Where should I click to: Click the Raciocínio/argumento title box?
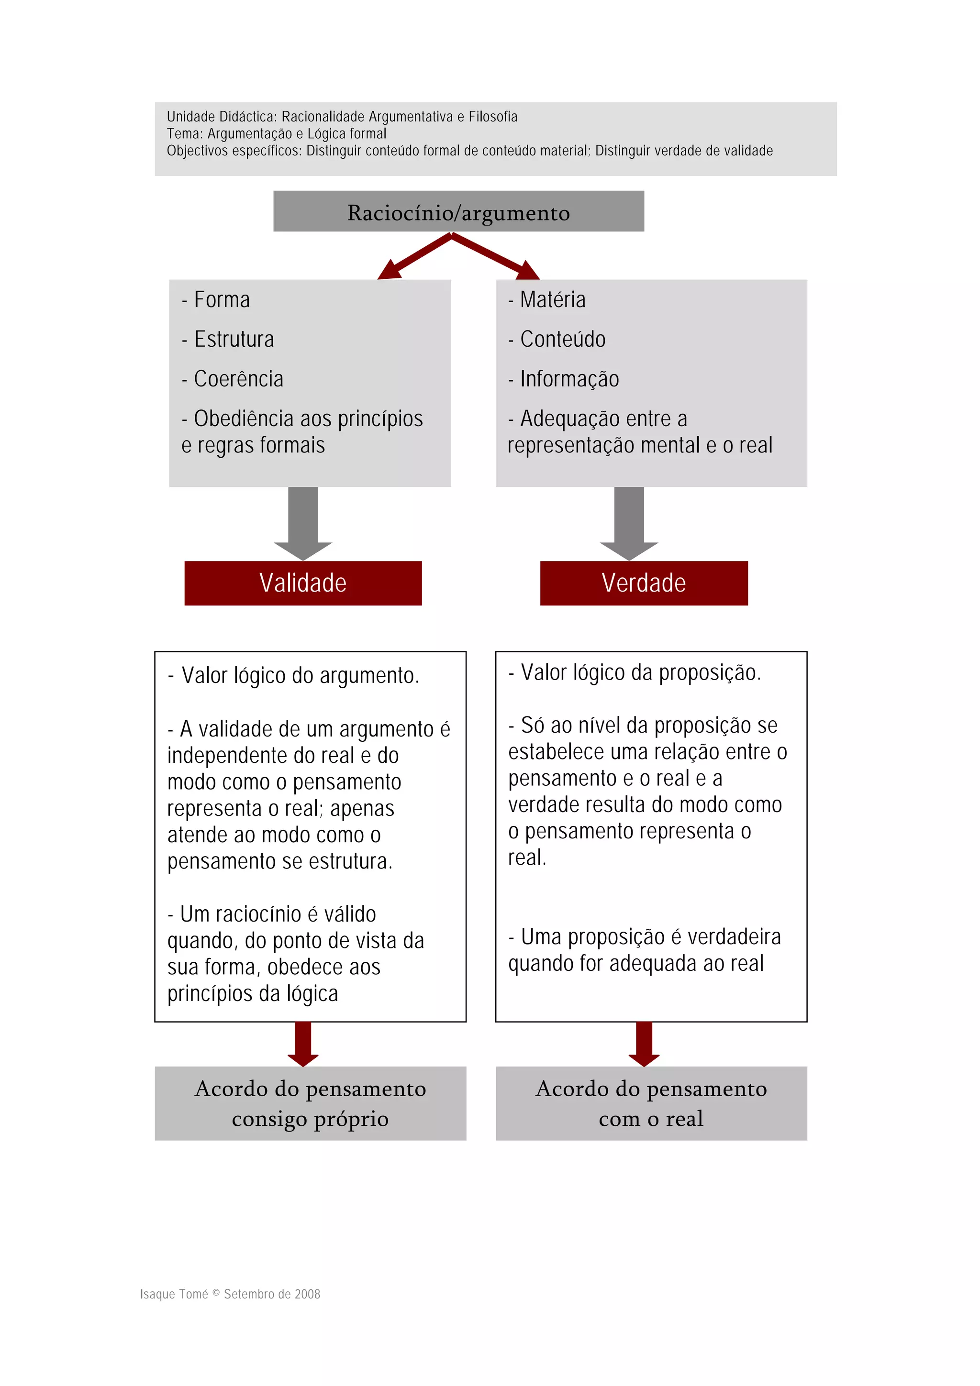[458, 211]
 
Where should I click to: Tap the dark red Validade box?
[302, 583]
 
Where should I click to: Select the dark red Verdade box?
[643, 583]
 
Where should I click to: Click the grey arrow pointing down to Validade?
[302, 523]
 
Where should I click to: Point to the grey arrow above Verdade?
[629, 523]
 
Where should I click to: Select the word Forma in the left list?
[222, 299]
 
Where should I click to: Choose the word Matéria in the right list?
[553, 299]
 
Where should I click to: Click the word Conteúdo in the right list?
[563, 339]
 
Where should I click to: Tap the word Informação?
[569, 379]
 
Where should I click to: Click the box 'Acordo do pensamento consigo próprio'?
[311, 1103]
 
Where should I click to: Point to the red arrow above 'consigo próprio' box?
[302, 1044]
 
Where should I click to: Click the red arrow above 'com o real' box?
[644, 1044]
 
